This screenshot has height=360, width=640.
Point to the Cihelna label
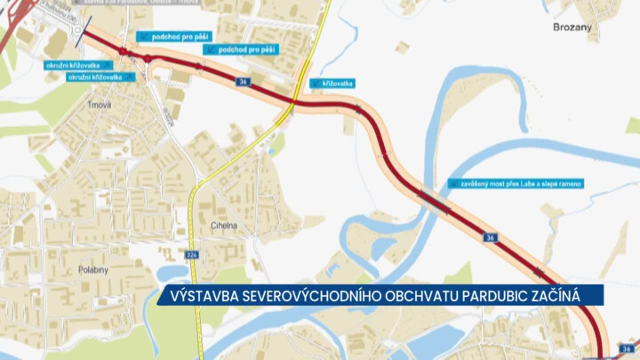224,226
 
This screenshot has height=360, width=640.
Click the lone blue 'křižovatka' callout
333,83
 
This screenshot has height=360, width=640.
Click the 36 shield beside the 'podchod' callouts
243,81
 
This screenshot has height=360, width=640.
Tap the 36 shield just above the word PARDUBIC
490,237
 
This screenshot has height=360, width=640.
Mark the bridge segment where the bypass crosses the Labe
433,201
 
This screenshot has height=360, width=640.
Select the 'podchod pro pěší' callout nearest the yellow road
244,50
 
